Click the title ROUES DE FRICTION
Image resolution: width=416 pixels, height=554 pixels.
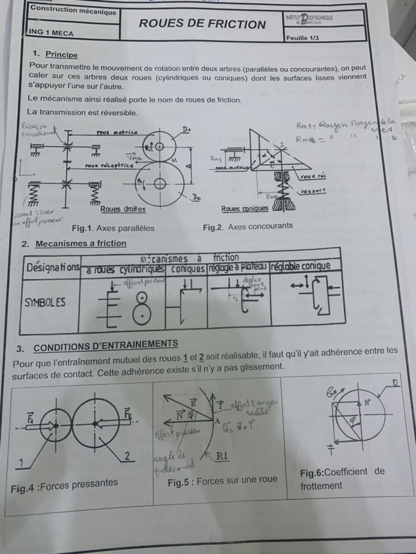[203, 24]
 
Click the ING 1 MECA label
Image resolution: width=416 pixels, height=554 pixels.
[51, 32]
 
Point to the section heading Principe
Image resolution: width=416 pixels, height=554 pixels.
[61, 55]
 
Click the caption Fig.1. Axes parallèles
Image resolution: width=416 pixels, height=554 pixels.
[113, 228]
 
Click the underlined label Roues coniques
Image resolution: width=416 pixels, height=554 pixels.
[245, 209]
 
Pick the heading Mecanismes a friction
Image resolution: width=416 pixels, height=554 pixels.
[81, 243]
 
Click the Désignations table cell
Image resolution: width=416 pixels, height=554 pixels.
[52, 267]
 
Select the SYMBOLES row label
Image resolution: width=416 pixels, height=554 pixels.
[45, 302]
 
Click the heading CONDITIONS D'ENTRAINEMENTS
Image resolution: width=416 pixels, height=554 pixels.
[106, 346]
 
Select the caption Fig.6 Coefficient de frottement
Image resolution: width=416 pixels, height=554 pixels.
[342, 478]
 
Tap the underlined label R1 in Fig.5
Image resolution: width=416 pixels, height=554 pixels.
[222, 456]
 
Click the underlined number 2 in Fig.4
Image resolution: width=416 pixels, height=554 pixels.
[127, 457]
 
